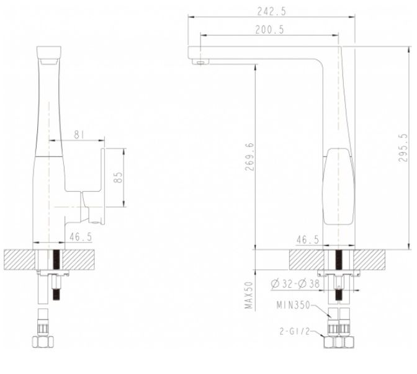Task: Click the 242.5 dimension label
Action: coord(272,11)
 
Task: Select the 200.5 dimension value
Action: coord(269,30)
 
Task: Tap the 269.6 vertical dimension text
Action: coord(250,157)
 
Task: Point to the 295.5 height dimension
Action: coord(403,148)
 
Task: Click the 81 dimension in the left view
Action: coord(79,135)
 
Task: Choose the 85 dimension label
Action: coord(118,177)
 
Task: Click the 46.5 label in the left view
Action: coord(81,236)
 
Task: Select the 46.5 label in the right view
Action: coord(307,240)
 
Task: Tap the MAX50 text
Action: coord(249,295)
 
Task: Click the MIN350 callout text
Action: coord(294,305)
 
